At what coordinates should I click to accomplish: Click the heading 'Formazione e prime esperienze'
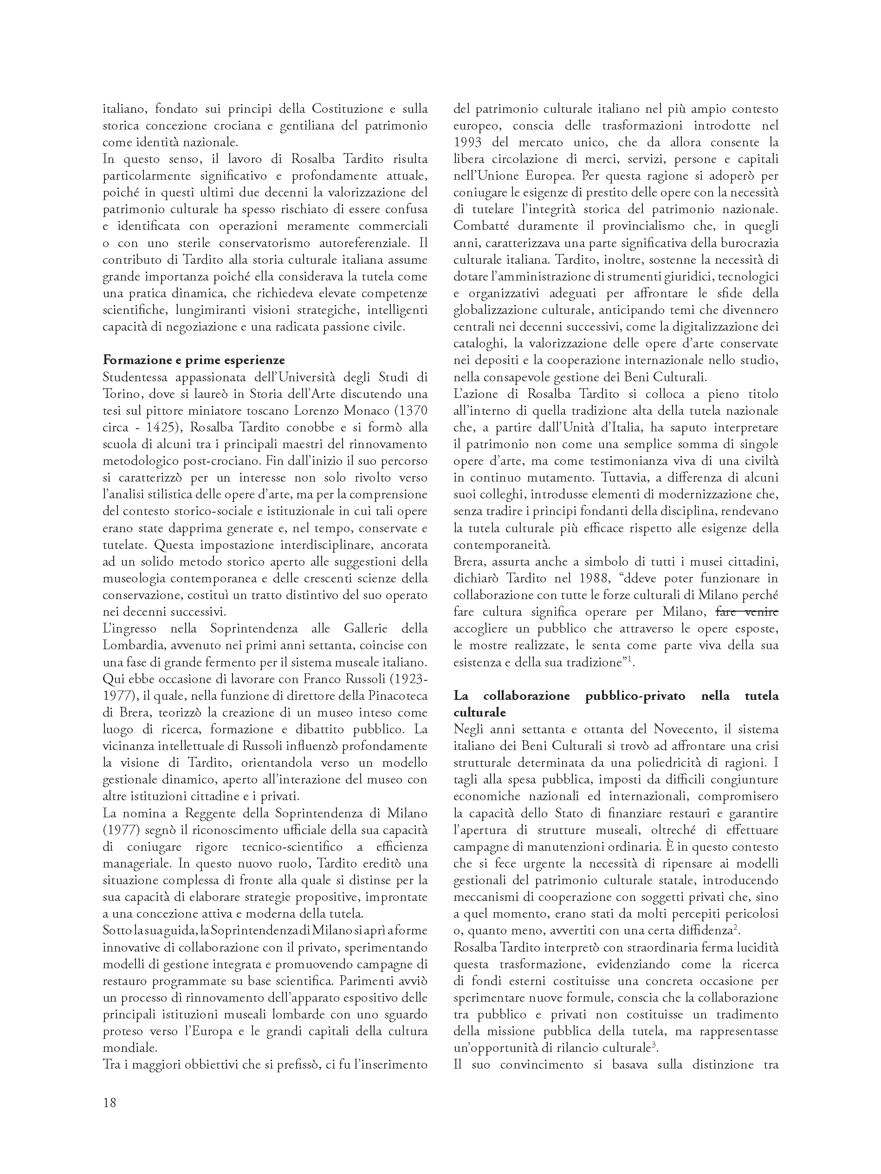point(194,360)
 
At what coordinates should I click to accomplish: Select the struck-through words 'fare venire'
point(747,612)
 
